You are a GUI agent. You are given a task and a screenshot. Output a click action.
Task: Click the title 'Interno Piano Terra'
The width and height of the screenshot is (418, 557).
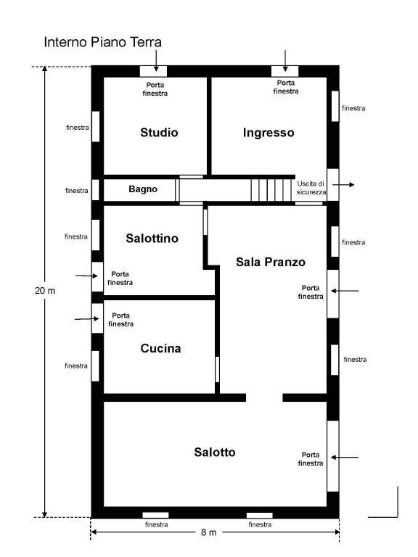coord(103,42)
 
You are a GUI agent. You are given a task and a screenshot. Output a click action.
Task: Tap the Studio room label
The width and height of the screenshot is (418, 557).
coord(159,133)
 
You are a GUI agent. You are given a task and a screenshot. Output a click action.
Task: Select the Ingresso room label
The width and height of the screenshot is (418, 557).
coord(269,133)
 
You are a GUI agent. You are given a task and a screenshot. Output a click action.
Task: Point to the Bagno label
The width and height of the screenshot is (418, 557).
coord(143,189)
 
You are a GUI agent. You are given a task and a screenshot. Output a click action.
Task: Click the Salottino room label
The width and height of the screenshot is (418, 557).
coord(152,239)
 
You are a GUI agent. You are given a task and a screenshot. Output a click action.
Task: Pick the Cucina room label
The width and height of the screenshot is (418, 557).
coord(160,348)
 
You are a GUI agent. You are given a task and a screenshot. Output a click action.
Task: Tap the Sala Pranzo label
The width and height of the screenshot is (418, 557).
coord(271,262)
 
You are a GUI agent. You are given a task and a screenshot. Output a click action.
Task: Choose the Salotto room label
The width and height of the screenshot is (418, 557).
coord(215,453)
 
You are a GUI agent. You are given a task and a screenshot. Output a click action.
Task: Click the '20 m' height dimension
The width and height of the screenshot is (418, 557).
coord(45,291)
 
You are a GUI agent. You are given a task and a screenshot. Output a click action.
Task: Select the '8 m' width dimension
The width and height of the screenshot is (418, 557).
coord(209,532)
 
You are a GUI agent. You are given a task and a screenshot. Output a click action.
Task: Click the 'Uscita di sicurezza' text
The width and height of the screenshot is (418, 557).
coord(311,188)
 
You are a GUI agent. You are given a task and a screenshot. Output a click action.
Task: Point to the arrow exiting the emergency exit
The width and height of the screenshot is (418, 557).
coord(343,185)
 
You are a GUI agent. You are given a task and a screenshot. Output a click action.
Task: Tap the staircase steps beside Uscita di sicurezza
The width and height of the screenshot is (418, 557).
coord(271,190)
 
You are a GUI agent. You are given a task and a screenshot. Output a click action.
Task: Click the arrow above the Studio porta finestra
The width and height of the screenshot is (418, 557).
coord(156,61)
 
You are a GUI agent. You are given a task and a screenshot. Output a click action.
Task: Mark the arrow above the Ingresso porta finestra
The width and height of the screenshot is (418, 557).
coord(285,61)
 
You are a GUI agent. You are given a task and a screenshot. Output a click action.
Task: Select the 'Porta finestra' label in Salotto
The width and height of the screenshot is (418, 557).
coord(311,459)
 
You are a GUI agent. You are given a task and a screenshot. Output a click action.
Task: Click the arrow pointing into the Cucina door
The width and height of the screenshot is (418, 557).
coord(87,319)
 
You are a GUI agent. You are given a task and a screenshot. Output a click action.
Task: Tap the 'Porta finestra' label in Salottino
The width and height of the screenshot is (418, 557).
coord(120,278)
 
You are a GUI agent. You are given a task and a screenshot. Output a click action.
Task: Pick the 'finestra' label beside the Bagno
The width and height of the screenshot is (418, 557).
coord(77,191)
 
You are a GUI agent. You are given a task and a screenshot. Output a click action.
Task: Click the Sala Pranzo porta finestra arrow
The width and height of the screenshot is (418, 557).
coord(345,291)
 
